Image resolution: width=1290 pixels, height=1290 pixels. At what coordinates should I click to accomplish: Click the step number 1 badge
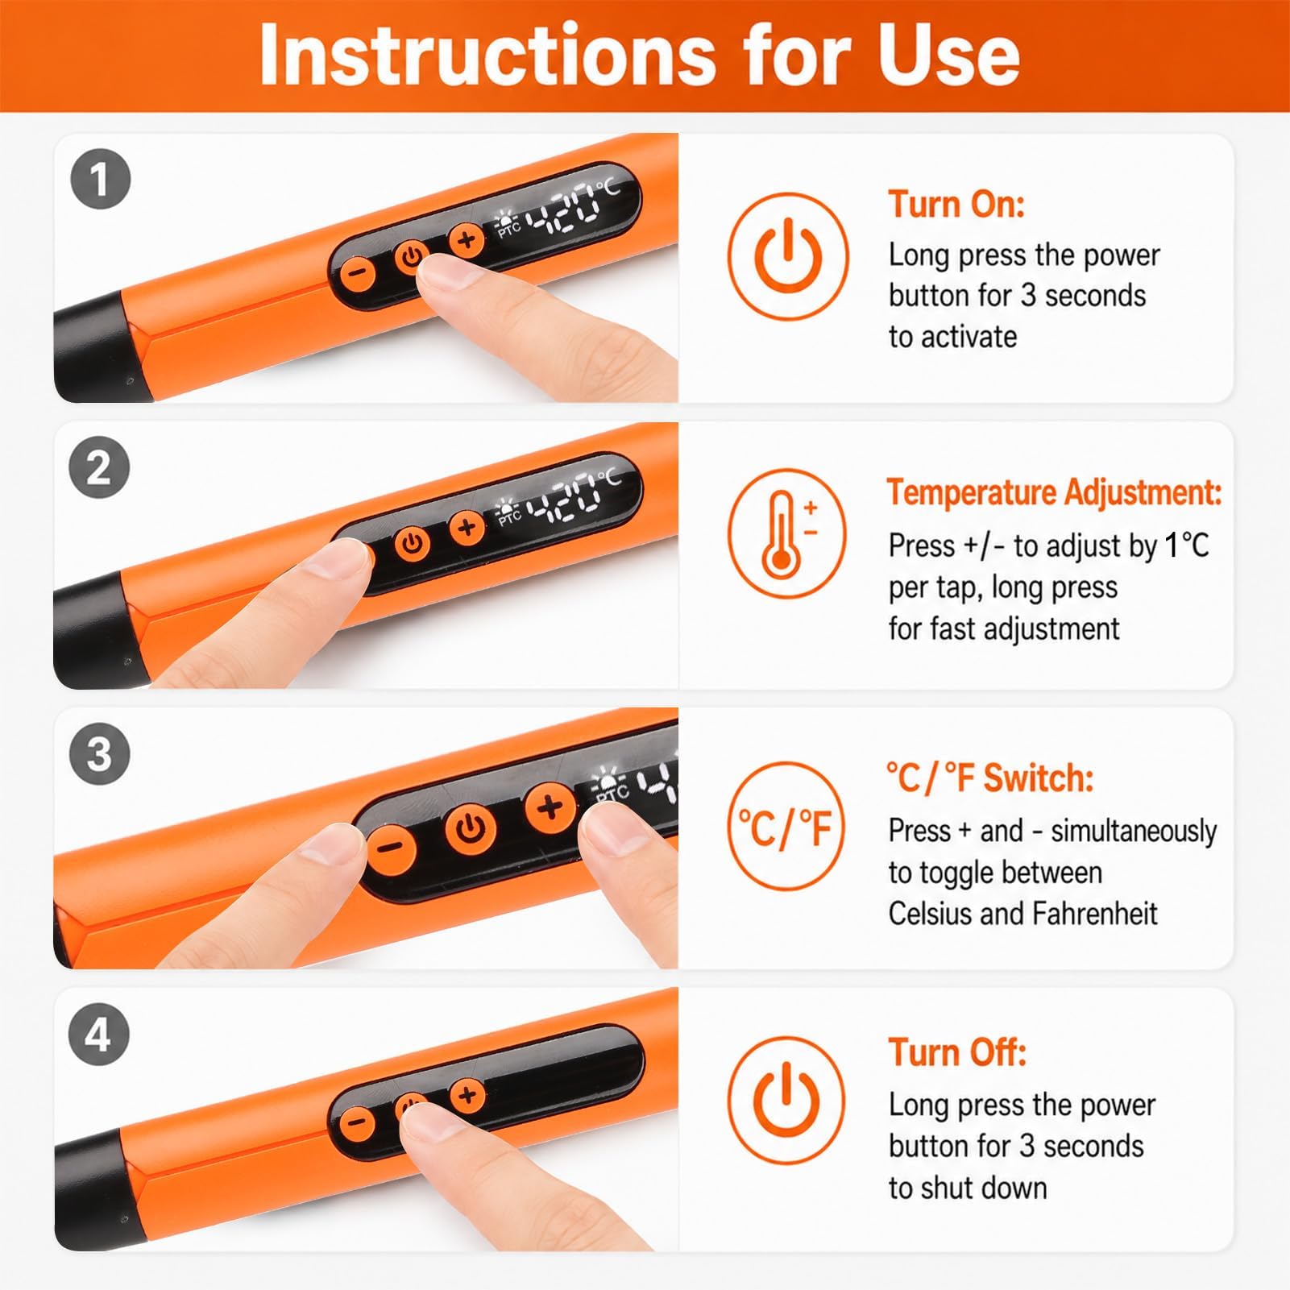(100, 179)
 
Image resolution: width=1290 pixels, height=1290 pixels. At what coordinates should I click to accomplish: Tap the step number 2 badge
(100, 468)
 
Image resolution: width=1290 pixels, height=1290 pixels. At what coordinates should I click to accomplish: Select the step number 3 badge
(100, 755)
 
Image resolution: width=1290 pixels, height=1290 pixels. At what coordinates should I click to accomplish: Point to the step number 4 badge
(100, 1035)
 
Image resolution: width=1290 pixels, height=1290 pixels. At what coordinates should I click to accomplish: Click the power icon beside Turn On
(787, 255)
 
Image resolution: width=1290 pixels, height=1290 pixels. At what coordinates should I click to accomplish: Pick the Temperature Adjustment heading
(1055, 492)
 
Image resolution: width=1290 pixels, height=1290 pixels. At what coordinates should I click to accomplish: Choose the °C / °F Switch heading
(990, 778)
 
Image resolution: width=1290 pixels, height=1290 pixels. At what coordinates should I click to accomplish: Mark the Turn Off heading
(957, 1052)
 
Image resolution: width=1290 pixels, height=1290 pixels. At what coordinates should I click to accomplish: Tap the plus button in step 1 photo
(467, 239)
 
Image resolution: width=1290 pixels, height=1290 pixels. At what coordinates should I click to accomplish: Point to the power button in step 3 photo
(472, 827)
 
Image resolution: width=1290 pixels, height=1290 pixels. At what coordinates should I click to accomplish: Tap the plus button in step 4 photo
(467, 1094)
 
